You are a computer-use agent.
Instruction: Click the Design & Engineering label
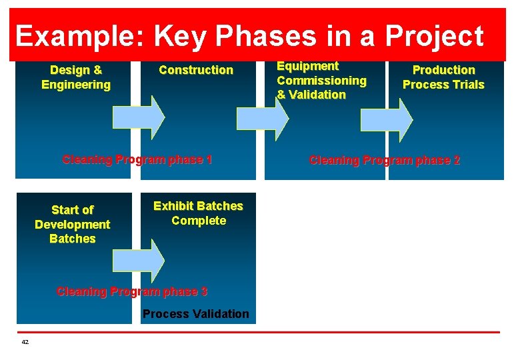click(x=76, y=77)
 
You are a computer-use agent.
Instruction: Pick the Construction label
click(x=196, y=70)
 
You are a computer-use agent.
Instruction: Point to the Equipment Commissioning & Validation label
click(x=321, y=81)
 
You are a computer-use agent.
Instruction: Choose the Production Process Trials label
click(x=443, y=77)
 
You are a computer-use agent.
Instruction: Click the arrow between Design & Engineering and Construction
click(x=138, y=118)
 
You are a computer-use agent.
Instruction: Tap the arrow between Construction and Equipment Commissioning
click(x=263, y=118)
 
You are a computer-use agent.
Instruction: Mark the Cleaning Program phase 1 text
click(x=137, y=159)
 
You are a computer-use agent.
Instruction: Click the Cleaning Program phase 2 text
click(x=385, y=161)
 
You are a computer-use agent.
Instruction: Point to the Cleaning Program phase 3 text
click(x=132, y=291)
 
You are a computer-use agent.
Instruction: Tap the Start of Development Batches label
click(x=72, y=225)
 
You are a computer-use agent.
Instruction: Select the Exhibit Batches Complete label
click(x=198, y=213)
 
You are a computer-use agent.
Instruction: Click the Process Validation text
click(x=196, y=314)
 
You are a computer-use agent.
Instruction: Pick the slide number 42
click(x=25, y=342)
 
